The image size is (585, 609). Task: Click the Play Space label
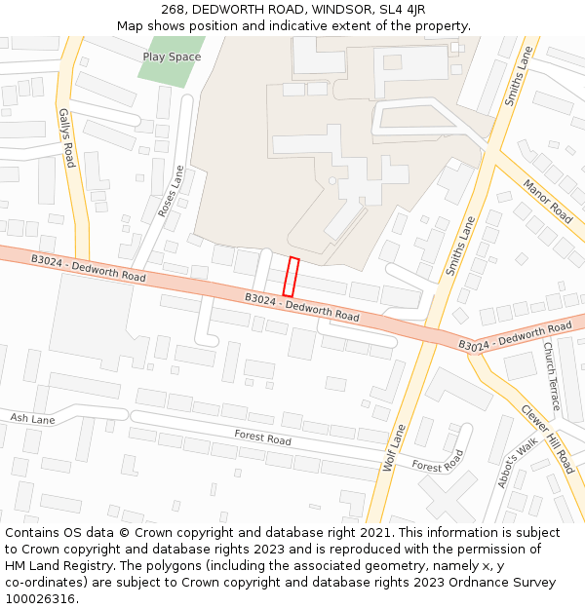(x=172, y=57)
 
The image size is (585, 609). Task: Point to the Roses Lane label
(x=173, y=191)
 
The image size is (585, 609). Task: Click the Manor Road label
(x=548, y=201)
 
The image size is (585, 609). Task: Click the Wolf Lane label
(x=394, y=448)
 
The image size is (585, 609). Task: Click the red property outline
(x=290, y=277)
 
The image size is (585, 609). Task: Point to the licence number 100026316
(x=40, y=599)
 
